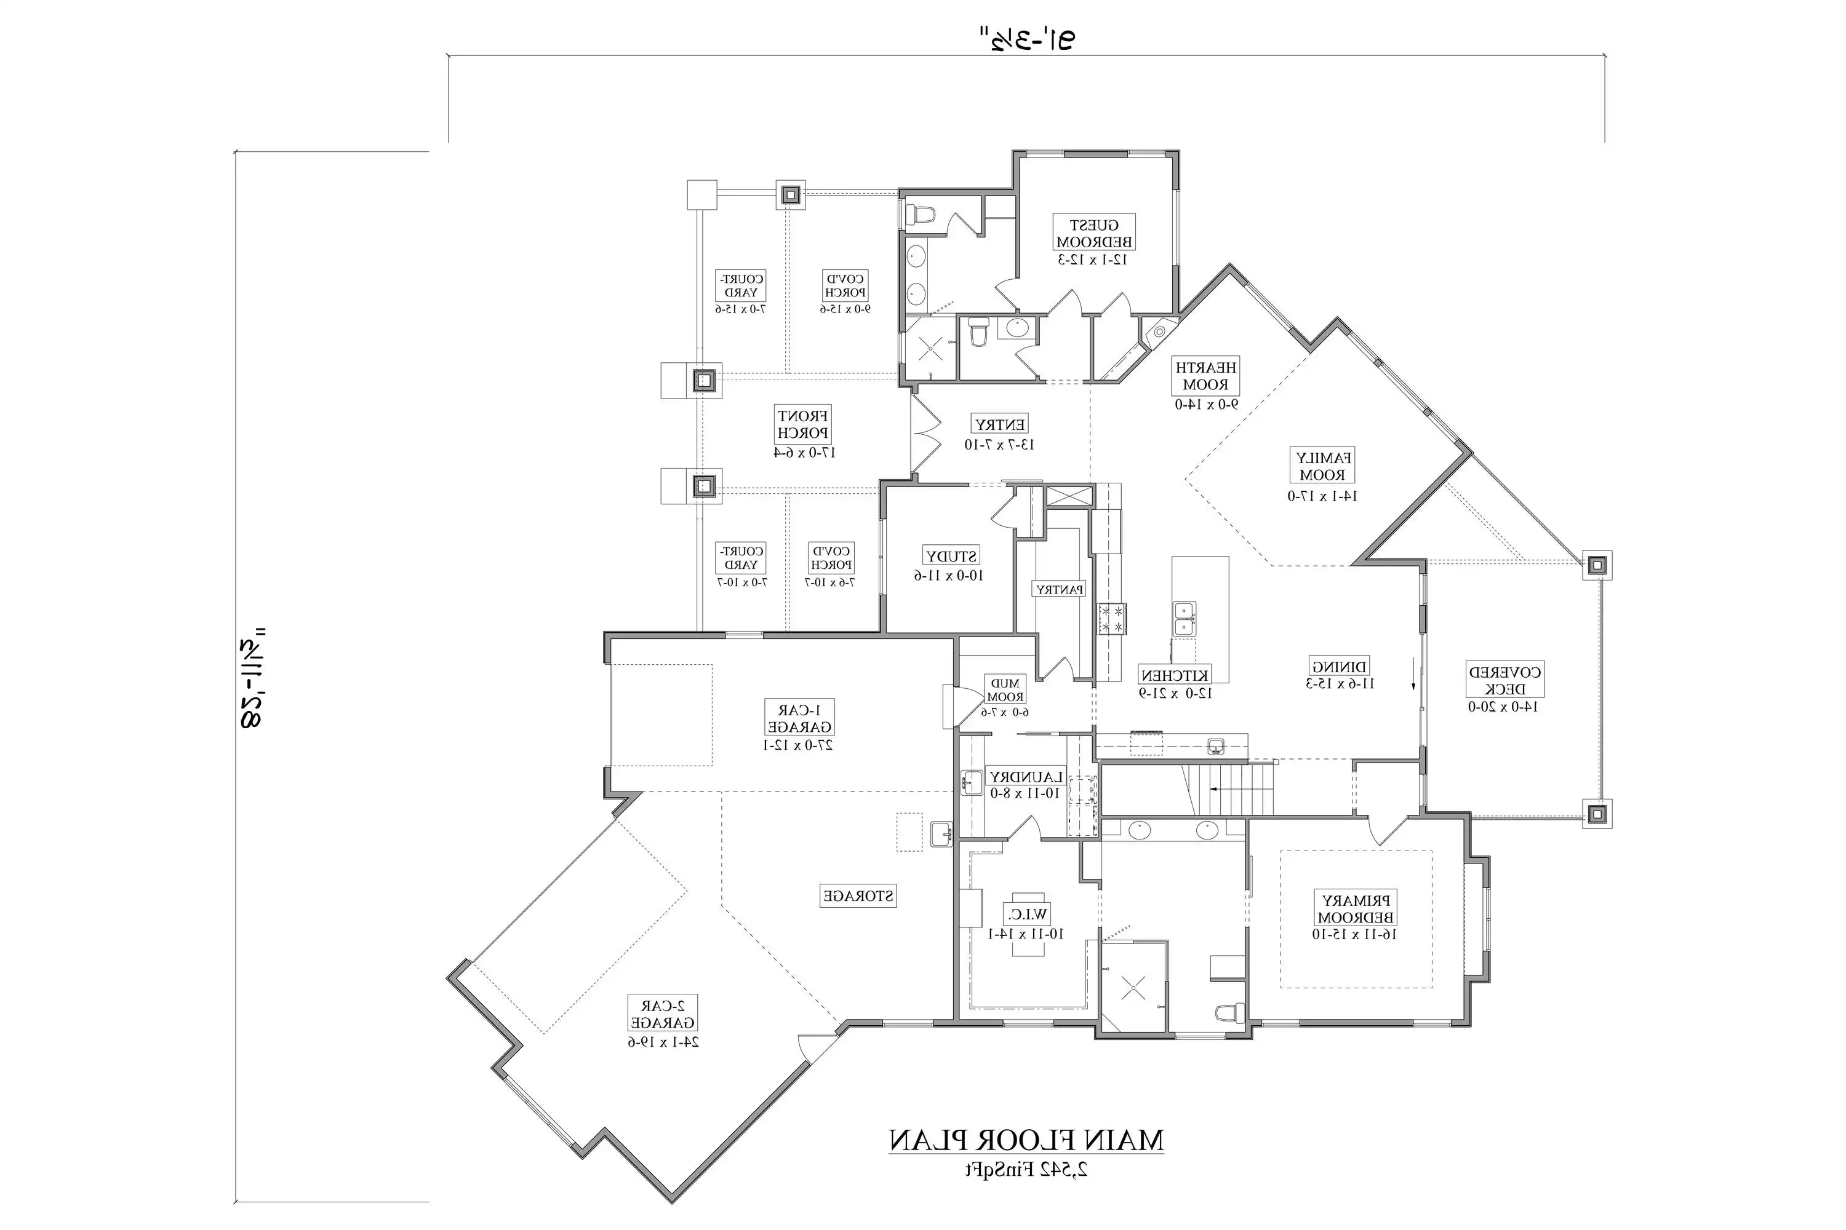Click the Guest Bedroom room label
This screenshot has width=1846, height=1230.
[x=1093, y=234]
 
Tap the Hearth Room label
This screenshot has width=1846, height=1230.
[x=1205, y=376]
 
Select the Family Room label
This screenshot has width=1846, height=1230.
[x=1322, y=466]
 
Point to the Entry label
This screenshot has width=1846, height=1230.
[x=999, y=424]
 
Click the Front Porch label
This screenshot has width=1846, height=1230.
[x=802, y=424]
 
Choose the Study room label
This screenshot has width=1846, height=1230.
[x=951, y=556]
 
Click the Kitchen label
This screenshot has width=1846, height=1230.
[x=1174, y=675]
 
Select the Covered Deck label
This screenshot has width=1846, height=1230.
[x=1504, y=680]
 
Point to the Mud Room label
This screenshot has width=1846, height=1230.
[x=1005, y=690]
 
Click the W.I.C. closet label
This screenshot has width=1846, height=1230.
[x=1026, y=914]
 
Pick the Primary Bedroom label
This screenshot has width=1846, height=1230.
[x=1356, y=908]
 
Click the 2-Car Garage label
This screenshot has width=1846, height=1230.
[x=663, y=1014]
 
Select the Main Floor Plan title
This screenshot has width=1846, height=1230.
[x=1026, y=1140]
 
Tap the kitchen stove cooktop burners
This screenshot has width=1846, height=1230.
[x=1111, y=618]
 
